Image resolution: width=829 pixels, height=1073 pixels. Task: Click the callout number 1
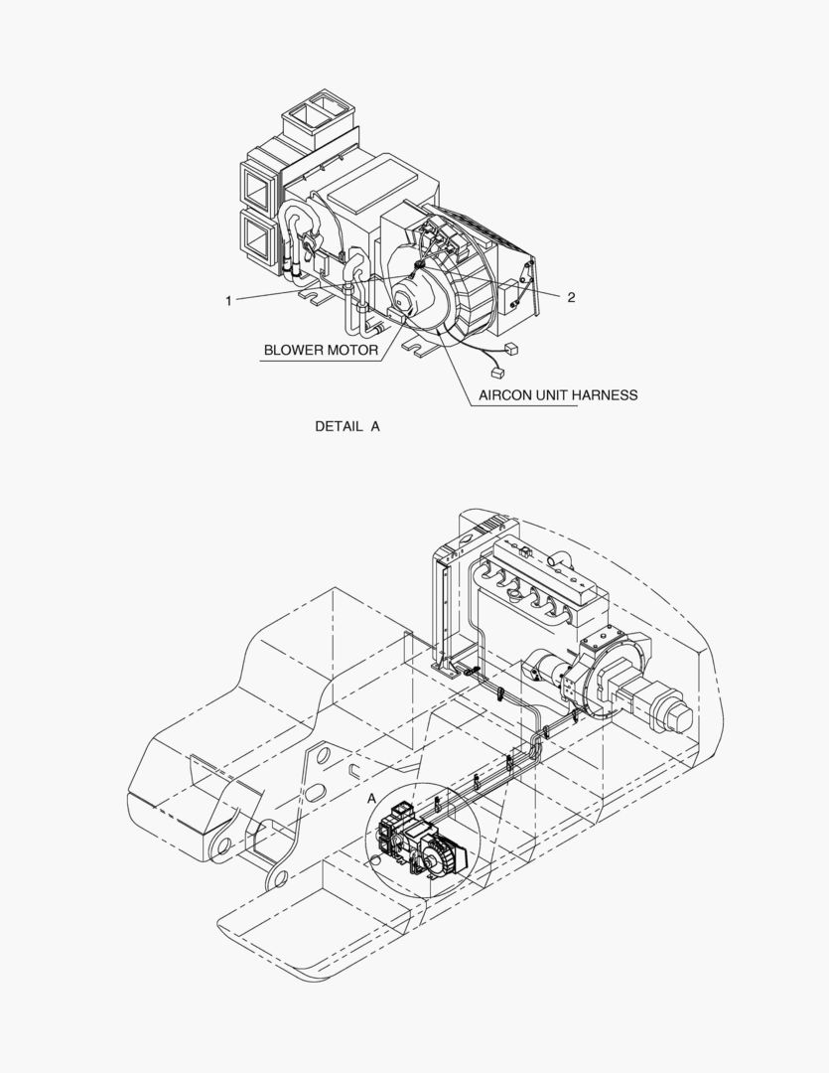228,300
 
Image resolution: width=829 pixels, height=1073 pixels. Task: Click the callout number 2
571,297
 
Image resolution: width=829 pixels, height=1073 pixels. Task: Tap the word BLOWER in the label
293,351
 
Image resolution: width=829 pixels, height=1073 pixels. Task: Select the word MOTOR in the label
351,351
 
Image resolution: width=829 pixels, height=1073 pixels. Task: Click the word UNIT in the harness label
551,394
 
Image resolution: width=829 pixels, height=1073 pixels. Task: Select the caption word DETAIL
339,426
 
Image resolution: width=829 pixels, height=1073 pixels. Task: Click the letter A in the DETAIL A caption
375,426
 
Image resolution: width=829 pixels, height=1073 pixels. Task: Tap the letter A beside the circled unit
371,799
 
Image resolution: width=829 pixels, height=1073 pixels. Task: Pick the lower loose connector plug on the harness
497,372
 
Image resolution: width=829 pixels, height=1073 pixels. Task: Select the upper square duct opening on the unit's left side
259,184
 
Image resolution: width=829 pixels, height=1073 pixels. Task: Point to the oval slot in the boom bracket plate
316,792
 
